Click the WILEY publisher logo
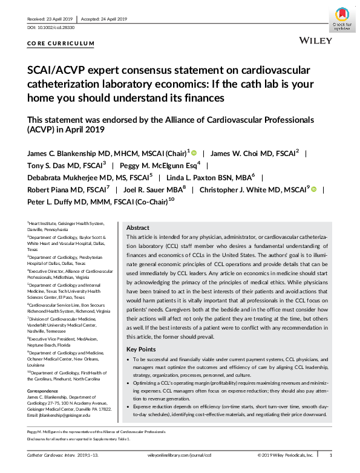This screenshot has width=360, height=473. coord(315,40)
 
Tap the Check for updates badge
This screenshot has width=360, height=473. coord(343,18)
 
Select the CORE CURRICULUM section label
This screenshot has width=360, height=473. coord(61,43)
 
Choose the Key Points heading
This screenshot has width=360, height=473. coord(140,350)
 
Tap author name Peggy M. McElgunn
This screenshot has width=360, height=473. coord(160,165)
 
